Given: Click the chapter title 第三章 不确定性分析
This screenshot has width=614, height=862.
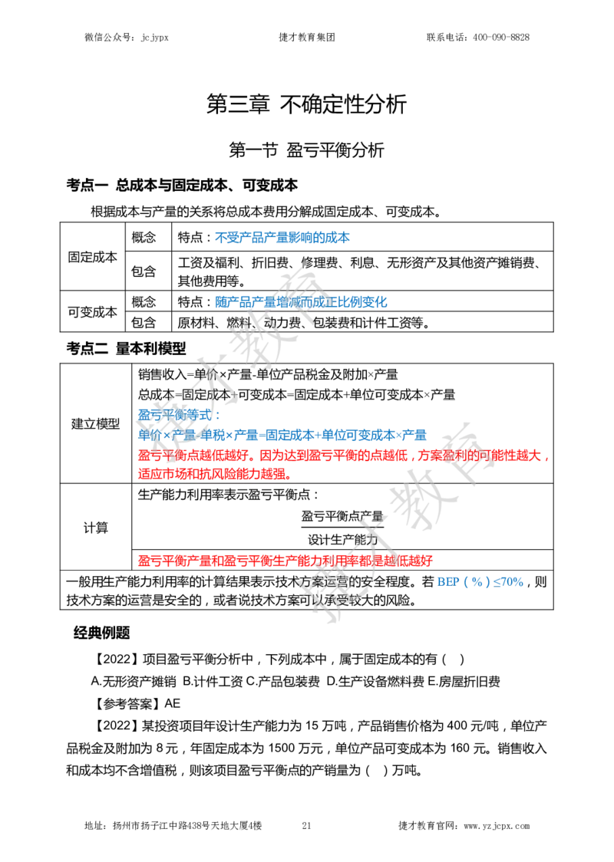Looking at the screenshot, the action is (306, 104).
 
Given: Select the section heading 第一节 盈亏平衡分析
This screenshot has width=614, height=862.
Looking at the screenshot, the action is (306, 150).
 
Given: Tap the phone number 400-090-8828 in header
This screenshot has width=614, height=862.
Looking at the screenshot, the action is (500, 38).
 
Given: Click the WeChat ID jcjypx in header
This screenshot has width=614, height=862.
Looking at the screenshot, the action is (154, 38).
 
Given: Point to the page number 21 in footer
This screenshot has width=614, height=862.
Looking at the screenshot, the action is (306, 825).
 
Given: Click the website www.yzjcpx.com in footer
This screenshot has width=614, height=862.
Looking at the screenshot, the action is (497, 826).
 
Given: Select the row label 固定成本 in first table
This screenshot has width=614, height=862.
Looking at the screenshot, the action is (92, 257).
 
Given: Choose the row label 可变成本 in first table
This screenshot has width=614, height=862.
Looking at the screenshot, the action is (92, 311).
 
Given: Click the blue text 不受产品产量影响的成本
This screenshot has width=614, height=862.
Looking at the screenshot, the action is (282, 238).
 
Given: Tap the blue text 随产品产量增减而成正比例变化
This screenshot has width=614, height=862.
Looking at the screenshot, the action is (301, 302).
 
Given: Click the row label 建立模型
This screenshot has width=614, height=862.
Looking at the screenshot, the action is (95, 423).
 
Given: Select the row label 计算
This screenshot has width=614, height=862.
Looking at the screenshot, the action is (95, 528).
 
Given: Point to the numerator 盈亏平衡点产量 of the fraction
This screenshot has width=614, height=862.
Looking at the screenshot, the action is (342, 516).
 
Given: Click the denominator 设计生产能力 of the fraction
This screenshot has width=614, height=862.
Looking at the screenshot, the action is (342, 539).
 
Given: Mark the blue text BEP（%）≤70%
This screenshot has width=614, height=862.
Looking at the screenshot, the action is (480, 581).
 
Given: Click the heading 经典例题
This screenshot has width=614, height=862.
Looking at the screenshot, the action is (102, 633).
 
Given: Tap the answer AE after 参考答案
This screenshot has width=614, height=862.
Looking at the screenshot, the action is (172, 704).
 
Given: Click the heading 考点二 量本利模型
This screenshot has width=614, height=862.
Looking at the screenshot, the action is (126, 348).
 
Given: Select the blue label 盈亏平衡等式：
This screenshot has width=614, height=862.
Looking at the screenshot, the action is (179, 415).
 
